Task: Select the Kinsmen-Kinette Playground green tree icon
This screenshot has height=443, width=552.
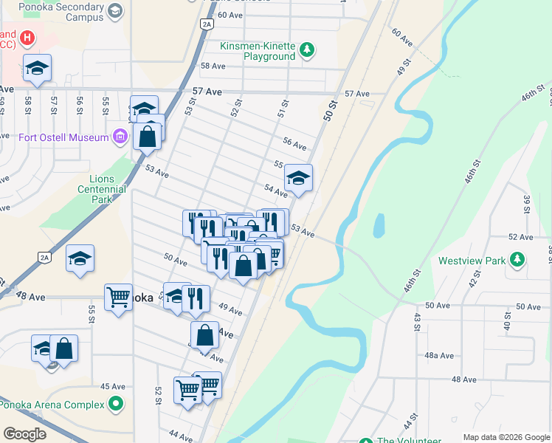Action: click(x=307, y=50)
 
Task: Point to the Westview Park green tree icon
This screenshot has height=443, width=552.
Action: click(x=518, y=259)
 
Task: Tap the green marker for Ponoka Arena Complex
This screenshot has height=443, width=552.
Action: click(x=115, y=404)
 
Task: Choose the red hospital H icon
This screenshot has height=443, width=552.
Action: click(x=27, y=37)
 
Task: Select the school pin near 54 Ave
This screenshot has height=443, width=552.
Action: click(x=298, y=178)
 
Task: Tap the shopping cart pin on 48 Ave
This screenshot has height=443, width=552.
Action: click(x=118, y=298)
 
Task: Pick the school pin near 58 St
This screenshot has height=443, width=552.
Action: click(x=37, y=68)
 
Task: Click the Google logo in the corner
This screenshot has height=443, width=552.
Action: click(x=24, y=434)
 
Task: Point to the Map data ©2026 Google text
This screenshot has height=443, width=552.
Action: click(x=506, y=436)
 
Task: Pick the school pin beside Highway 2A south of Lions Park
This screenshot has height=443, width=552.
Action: click(x=80, y=258)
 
